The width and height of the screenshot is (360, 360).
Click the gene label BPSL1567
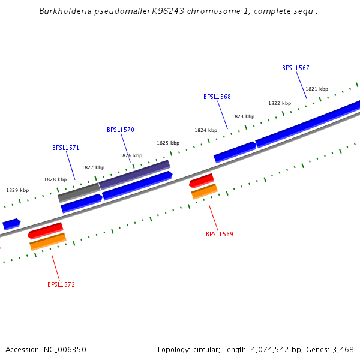(x=295, y=68)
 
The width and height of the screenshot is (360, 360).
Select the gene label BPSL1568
(x=217, y=97)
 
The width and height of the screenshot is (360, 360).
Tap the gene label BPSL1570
(x=120, y=130)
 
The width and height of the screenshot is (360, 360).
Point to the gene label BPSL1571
(x=65, y=148)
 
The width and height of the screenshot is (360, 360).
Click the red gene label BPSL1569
(x=219, y=234)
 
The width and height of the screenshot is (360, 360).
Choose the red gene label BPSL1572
(x=61, y=284)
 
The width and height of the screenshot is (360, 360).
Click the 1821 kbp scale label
(x=317, y=89)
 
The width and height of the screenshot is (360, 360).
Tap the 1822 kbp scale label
(x=279, y=103)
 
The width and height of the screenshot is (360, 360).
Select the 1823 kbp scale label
(x=243, y=116)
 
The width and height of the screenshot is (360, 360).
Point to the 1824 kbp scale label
(x=205, y=130)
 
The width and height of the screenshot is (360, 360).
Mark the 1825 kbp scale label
(x=168, y=143)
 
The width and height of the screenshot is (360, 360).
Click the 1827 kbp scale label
(x=93, y=167)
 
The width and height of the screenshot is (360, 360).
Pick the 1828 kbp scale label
(x=55, y=179)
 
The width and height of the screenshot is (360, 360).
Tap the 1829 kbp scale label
(x=17, y=190)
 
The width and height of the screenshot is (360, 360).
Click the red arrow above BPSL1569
(x=202, y=180)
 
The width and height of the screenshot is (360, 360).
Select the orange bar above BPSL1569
(x=204, y=191)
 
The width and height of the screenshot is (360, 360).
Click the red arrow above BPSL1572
(x=46, y=230)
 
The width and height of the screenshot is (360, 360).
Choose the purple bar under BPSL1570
(x=134, y=174)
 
